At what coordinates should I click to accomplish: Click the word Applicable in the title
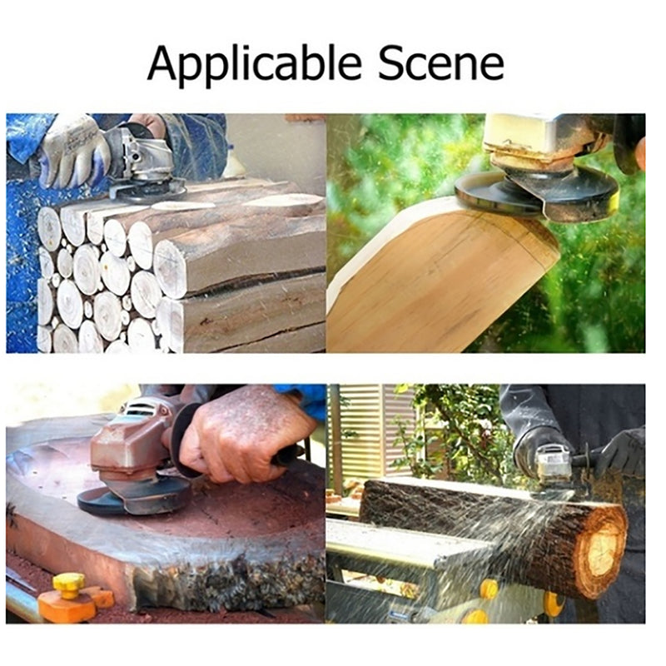[254, 65]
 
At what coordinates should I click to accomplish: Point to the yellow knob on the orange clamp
[69, 585]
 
